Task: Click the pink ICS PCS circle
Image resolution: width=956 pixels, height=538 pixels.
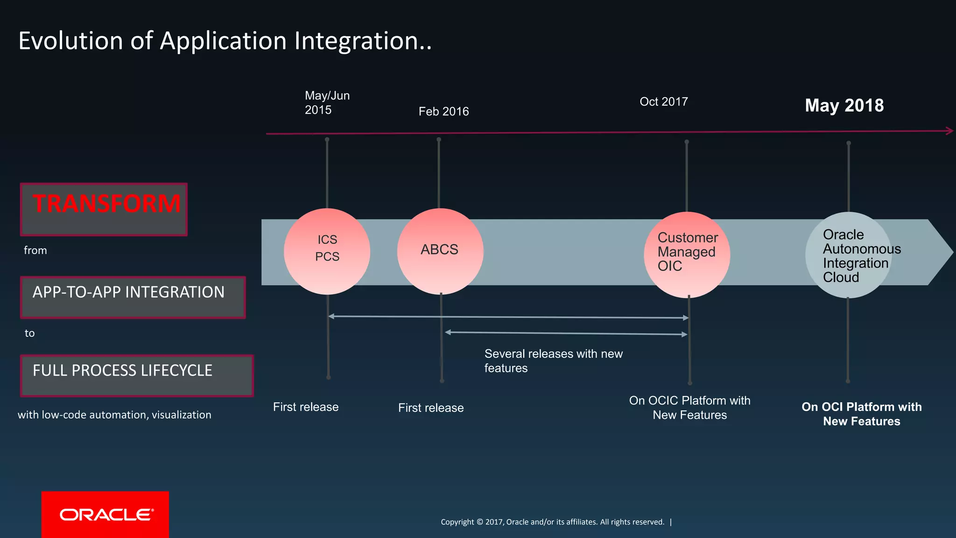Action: coord(327,251)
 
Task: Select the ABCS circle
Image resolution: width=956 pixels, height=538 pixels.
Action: coord(440,251)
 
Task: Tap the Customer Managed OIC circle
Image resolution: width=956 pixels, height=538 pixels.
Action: coord(687,255)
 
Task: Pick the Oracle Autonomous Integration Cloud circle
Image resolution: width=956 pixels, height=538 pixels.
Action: coord(848,255)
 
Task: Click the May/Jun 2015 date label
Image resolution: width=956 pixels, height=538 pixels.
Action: coord(327,103)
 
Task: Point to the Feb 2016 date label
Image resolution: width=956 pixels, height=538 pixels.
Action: coord(443,112)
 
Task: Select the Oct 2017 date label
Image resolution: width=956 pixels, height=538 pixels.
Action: coord(663,102)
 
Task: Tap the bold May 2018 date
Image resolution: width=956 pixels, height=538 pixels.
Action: coord(844,106)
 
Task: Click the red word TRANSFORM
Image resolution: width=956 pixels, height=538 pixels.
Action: coord(106,204)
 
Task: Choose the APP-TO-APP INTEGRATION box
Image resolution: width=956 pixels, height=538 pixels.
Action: coord(133,297)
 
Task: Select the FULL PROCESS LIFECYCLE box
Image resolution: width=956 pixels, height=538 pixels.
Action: coord(136,375)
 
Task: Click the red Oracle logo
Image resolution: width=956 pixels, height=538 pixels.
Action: coord(105,514)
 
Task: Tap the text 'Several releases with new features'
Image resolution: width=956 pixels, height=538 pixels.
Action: coord(553,361)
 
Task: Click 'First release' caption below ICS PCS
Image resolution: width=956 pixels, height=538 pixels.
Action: coord(306,407)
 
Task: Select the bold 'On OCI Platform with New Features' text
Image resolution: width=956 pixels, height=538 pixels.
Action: coord(861,414)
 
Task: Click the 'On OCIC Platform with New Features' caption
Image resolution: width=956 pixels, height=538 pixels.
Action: coord(689,408)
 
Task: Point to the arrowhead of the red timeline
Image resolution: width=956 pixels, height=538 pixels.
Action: coord(949,131)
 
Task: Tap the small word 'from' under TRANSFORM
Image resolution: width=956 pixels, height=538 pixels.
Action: coord(35,250)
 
